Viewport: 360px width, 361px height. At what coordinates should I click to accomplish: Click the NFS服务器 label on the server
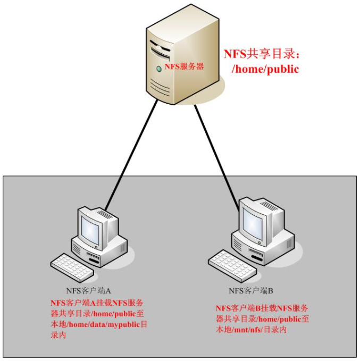(x=184, y=66)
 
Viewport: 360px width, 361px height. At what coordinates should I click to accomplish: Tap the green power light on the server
(x=158, y=69)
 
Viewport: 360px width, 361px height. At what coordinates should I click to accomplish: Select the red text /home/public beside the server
(x=264, y=69)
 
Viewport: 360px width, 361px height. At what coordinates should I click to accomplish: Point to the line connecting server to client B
(x=217, y=154)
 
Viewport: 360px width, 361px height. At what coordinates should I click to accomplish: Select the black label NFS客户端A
(x=88, y=291)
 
